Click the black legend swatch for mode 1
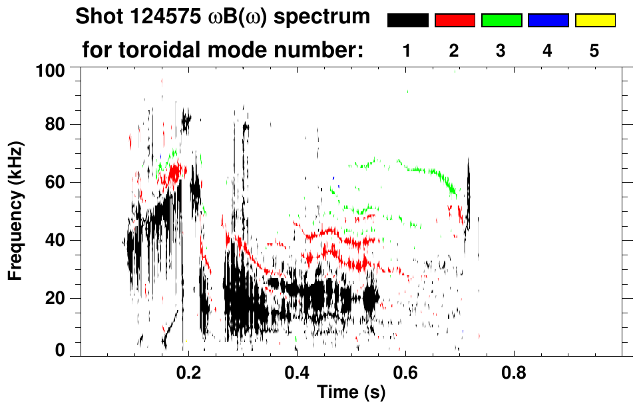[407, 21]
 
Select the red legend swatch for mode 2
[455, 21]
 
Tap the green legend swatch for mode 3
[501, 21]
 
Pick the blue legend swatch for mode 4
[548, 21]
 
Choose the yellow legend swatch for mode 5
[595, 21]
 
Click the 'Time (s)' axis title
[351, 393]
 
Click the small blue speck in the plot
[333, 179]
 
